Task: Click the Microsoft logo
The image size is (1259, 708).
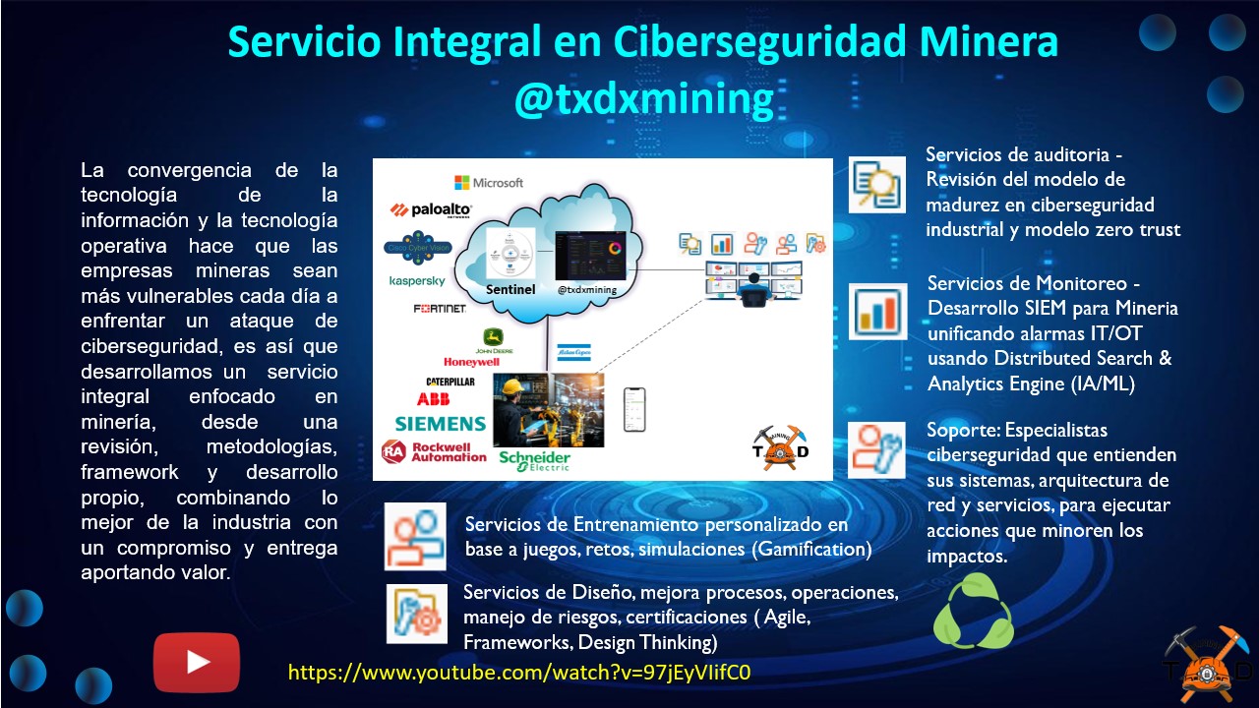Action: pyautogui.click(x=489, y=183)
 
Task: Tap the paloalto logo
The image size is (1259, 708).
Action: pyautogui.click(x=432, y=209)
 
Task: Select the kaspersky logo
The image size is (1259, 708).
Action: pyautogui.click(x=417, y=281)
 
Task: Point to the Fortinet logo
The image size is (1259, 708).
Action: pyautogui.click(x=440, y=309)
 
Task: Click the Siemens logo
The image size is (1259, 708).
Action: pyautogui.click(x=440, y=424)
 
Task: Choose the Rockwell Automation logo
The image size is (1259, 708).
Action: pyautogui.click(x=434, y=451)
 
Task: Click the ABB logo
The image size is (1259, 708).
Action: pyautogui.click(x=433, y=399)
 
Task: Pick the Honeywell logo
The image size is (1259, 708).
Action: pyautogui.click(x=472, y=362)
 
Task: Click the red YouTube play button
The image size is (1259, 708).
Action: pyautogui.click(x=197, y=662)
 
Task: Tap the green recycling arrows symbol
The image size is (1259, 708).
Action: pyautogui.click(x=973, y=612)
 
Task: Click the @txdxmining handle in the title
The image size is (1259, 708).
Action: pyautogui.click(x=643, y=99)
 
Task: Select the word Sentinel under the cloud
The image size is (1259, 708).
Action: pyautogui.click(x=510, y=290)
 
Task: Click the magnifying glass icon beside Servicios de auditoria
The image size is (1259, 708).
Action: pyautogui.click(x=877, y=184)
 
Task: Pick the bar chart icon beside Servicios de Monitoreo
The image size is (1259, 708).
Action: pyautogui.click(x=877, y=312)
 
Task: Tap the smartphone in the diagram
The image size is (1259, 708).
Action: pyautogui.click(x=634, y=409)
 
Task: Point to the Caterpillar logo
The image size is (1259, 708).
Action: pyautogui.click(x=450, y=381)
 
